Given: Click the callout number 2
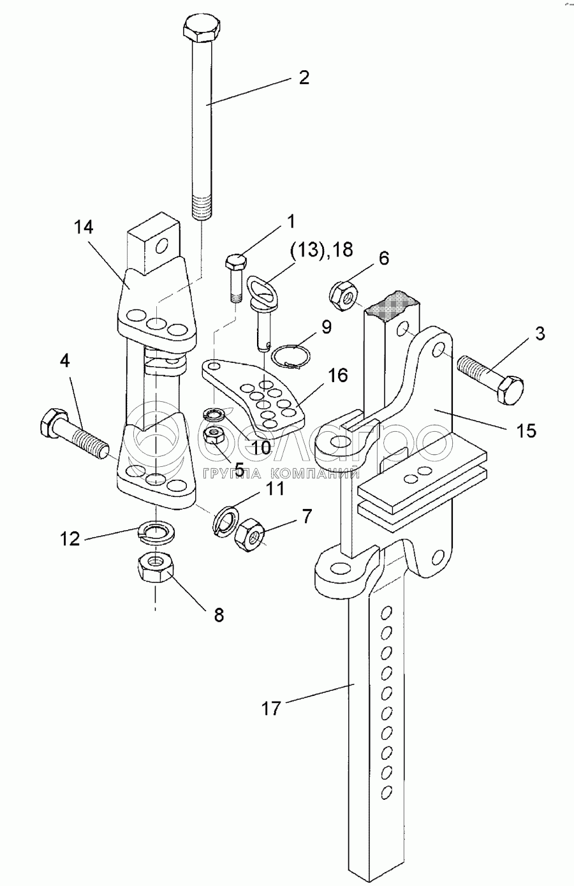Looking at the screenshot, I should (304, 78).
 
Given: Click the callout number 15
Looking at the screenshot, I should (526, 431).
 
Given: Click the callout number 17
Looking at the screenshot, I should (271, 708).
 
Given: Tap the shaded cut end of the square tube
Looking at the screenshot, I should (390, 305).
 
